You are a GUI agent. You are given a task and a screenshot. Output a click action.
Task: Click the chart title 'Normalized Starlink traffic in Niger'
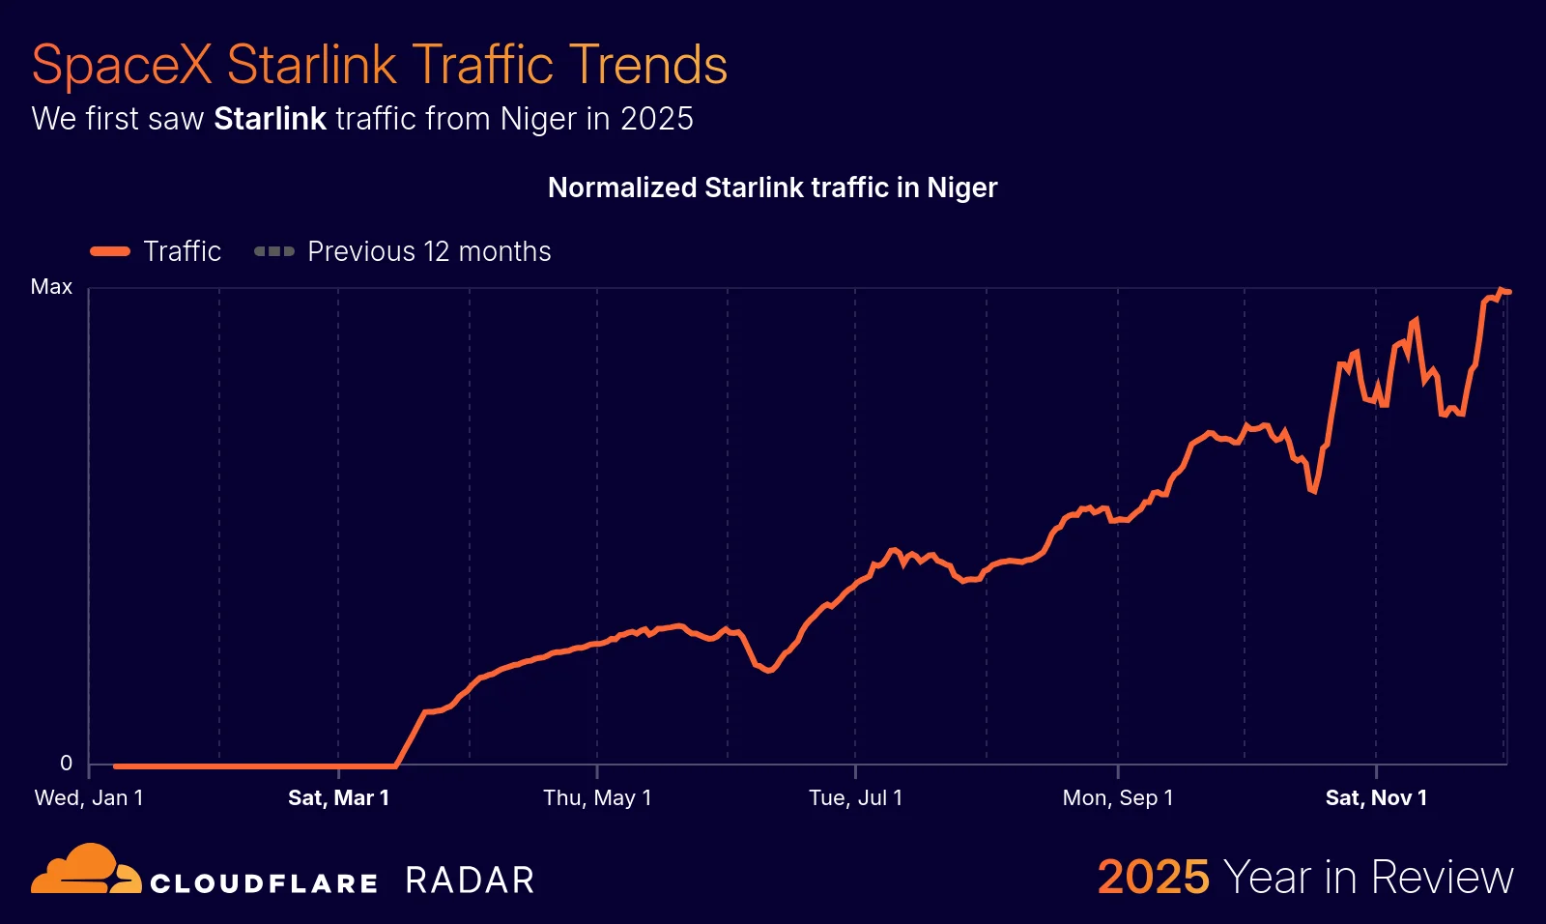[x=772, y=188]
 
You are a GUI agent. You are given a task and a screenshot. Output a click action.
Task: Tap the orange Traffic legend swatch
[x=110, y=251]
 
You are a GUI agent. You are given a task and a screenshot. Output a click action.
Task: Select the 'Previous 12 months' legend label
[x=429, y=251]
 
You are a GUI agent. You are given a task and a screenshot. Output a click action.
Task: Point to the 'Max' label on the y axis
[x=51, y=287]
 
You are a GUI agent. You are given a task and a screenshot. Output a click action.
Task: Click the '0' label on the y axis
[x=66, y=764]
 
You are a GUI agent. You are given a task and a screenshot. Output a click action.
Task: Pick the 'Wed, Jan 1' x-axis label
[x=89, y=798]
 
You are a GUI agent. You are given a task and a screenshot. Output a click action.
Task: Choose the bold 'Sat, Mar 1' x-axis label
[x=338, y=798]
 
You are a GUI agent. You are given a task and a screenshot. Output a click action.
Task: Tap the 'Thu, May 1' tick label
[x=597, y=798]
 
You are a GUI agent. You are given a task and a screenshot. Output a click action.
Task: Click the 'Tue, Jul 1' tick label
[x=855, y=798]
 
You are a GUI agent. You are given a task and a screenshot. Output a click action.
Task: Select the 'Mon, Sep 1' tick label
[x=1118, y=798]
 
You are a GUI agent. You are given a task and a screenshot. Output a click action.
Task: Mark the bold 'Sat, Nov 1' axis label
[x=1376, y=798]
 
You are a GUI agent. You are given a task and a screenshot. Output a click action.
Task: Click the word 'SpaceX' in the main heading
[x=121, y=66]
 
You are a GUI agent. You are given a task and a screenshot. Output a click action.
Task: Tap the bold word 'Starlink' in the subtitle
[x=270, y=119]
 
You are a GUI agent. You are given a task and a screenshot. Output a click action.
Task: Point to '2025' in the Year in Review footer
[x=1153, y=878]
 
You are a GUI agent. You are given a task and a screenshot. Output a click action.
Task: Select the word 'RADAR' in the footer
[x=470, y=881]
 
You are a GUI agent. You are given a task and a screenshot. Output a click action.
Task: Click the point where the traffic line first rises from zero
[x=395, y=765]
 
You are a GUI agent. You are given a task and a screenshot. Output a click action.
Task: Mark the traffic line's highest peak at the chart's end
[x=1501, y=290]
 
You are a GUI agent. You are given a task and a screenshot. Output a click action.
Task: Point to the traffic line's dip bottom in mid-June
[x=769, y=670]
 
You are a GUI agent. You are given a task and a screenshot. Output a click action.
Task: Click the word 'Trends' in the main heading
[x=647, y=66]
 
